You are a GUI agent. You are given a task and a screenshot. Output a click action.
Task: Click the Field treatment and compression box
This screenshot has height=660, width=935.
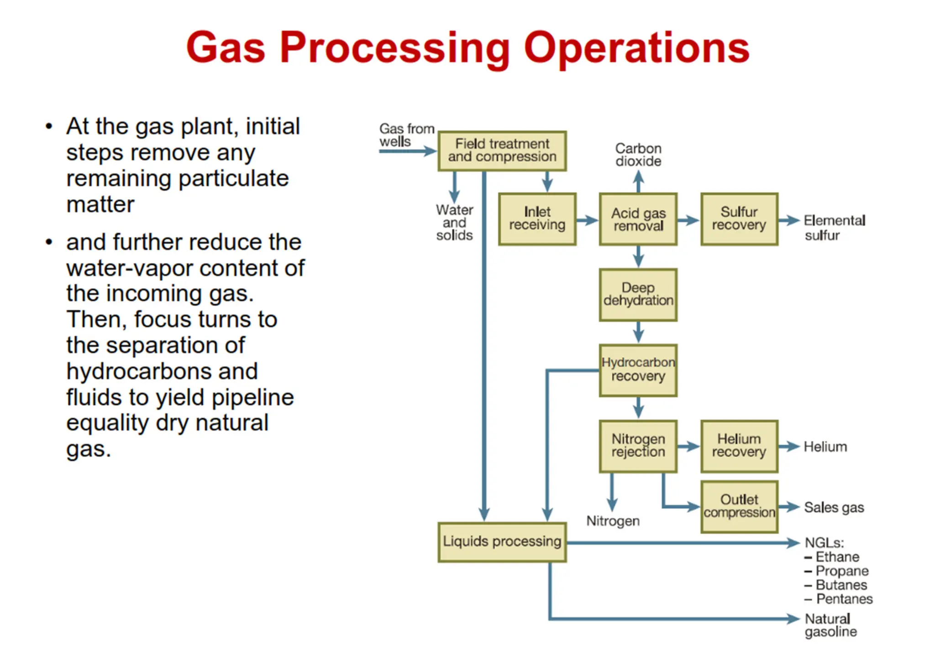click(502, 151)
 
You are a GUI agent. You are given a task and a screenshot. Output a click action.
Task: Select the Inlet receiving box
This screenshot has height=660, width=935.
click(537, 219)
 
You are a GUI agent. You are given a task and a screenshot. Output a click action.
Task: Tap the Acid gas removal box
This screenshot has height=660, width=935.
click(638, 219)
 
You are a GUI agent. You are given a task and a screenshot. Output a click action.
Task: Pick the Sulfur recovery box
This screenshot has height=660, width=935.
click(739, 219)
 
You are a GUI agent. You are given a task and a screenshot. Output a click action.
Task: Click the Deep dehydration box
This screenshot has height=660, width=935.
click(638, 295)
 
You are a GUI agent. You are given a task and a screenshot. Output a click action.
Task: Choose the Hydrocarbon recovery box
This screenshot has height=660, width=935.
click(638, 370)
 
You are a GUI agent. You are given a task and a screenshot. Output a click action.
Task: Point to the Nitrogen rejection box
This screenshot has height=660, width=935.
click(638, 446)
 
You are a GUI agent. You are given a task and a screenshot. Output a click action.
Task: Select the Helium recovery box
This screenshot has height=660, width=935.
click(739, 446)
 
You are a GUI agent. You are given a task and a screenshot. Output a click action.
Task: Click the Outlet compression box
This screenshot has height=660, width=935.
click(739, 506)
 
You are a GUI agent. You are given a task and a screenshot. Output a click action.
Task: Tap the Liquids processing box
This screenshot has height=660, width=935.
click(502, 541)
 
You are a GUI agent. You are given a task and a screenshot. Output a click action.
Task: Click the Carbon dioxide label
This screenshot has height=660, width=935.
click(638, 155)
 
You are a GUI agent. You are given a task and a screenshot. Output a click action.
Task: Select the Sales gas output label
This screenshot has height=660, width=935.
click(834, 507)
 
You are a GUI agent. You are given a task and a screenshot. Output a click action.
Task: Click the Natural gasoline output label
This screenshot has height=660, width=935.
click(830, 625)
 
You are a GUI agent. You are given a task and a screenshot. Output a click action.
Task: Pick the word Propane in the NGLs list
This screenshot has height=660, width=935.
click(842, 571)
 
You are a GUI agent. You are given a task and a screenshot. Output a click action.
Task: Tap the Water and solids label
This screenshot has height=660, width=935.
click(454, 223)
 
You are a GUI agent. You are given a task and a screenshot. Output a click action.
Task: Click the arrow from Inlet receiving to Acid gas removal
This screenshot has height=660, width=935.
click(587, 221)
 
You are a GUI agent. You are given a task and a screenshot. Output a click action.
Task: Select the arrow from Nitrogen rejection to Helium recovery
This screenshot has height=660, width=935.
click(688, 447)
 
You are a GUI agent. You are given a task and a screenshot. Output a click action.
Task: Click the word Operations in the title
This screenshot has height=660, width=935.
click(636, 48)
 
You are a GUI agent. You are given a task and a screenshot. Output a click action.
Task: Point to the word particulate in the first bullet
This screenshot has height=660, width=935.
click(233, 178)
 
